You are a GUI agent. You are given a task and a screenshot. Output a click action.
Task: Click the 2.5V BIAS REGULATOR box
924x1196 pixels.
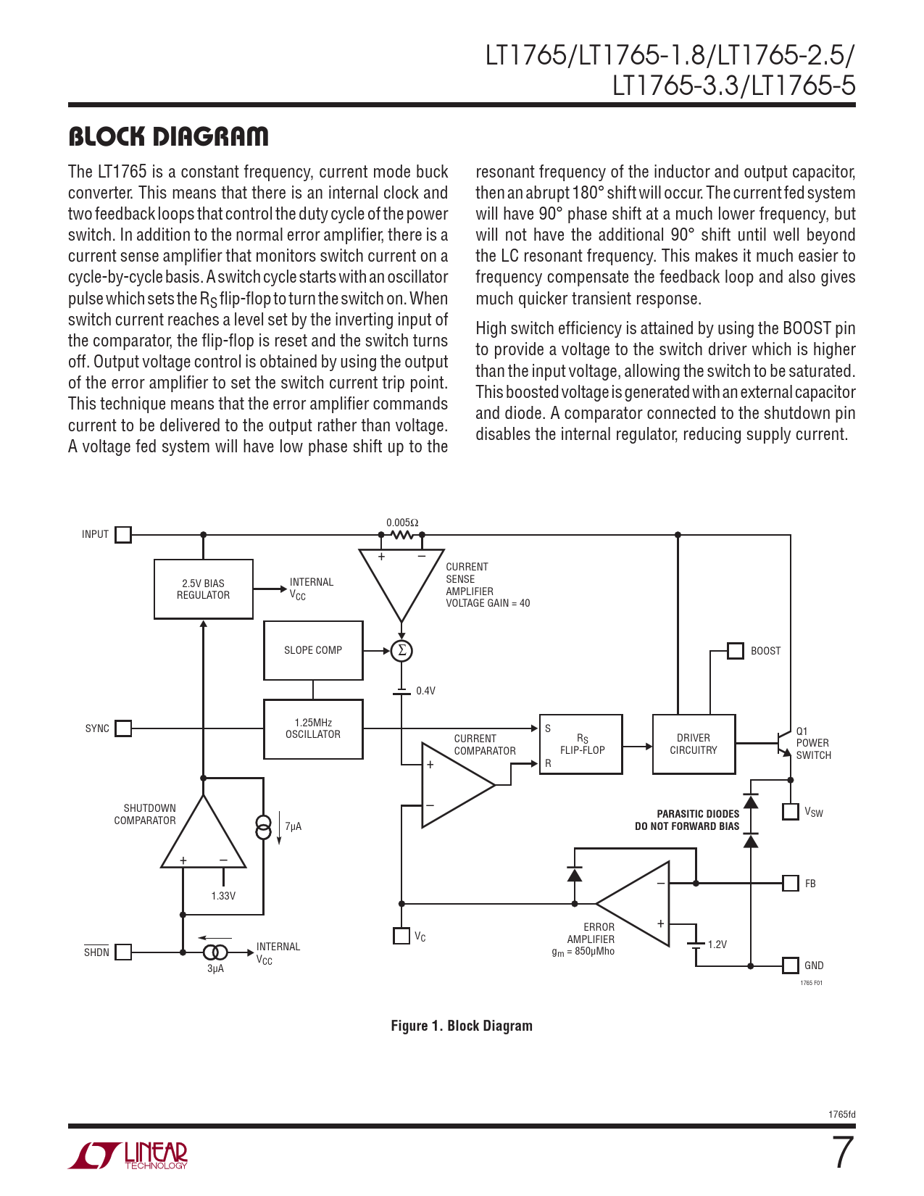point(204,589)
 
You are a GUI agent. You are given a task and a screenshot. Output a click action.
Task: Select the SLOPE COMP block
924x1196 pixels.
point(313,650)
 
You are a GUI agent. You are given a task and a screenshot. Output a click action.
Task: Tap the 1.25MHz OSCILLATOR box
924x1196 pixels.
point(313,728)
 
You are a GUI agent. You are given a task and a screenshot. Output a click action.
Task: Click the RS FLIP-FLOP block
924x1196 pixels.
point(581,744)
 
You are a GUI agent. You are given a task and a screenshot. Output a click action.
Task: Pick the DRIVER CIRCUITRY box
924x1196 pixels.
point(694,744)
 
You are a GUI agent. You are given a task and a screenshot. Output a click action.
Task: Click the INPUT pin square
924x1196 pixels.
point(124,535)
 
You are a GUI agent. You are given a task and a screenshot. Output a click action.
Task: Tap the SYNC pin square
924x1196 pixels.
point(124,728)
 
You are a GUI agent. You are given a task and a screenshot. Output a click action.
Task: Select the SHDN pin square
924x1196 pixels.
point(124,952)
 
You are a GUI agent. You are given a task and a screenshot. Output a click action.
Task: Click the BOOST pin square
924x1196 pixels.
point(736,651)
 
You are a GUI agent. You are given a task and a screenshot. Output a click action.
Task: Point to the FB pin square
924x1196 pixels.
point(791,884)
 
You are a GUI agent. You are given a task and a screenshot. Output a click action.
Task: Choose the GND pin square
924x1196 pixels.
point(791,965)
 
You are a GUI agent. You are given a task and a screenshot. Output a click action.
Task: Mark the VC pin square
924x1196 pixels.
point(401,936)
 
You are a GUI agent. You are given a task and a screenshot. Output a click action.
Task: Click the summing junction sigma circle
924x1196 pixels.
point(401,651)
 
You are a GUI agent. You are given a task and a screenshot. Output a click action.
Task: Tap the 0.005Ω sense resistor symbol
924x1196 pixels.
point(401,535)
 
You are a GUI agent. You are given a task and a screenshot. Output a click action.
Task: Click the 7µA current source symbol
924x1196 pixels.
point(264,826)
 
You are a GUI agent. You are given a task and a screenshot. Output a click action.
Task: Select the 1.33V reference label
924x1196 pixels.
point(223,896)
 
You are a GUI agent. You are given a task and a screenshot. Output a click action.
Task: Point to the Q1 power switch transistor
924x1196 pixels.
point(783,744)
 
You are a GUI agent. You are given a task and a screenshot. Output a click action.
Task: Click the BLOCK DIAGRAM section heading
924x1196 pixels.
point(168,136)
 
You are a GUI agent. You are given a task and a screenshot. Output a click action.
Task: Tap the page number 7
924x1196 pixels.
point(842,1153)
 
